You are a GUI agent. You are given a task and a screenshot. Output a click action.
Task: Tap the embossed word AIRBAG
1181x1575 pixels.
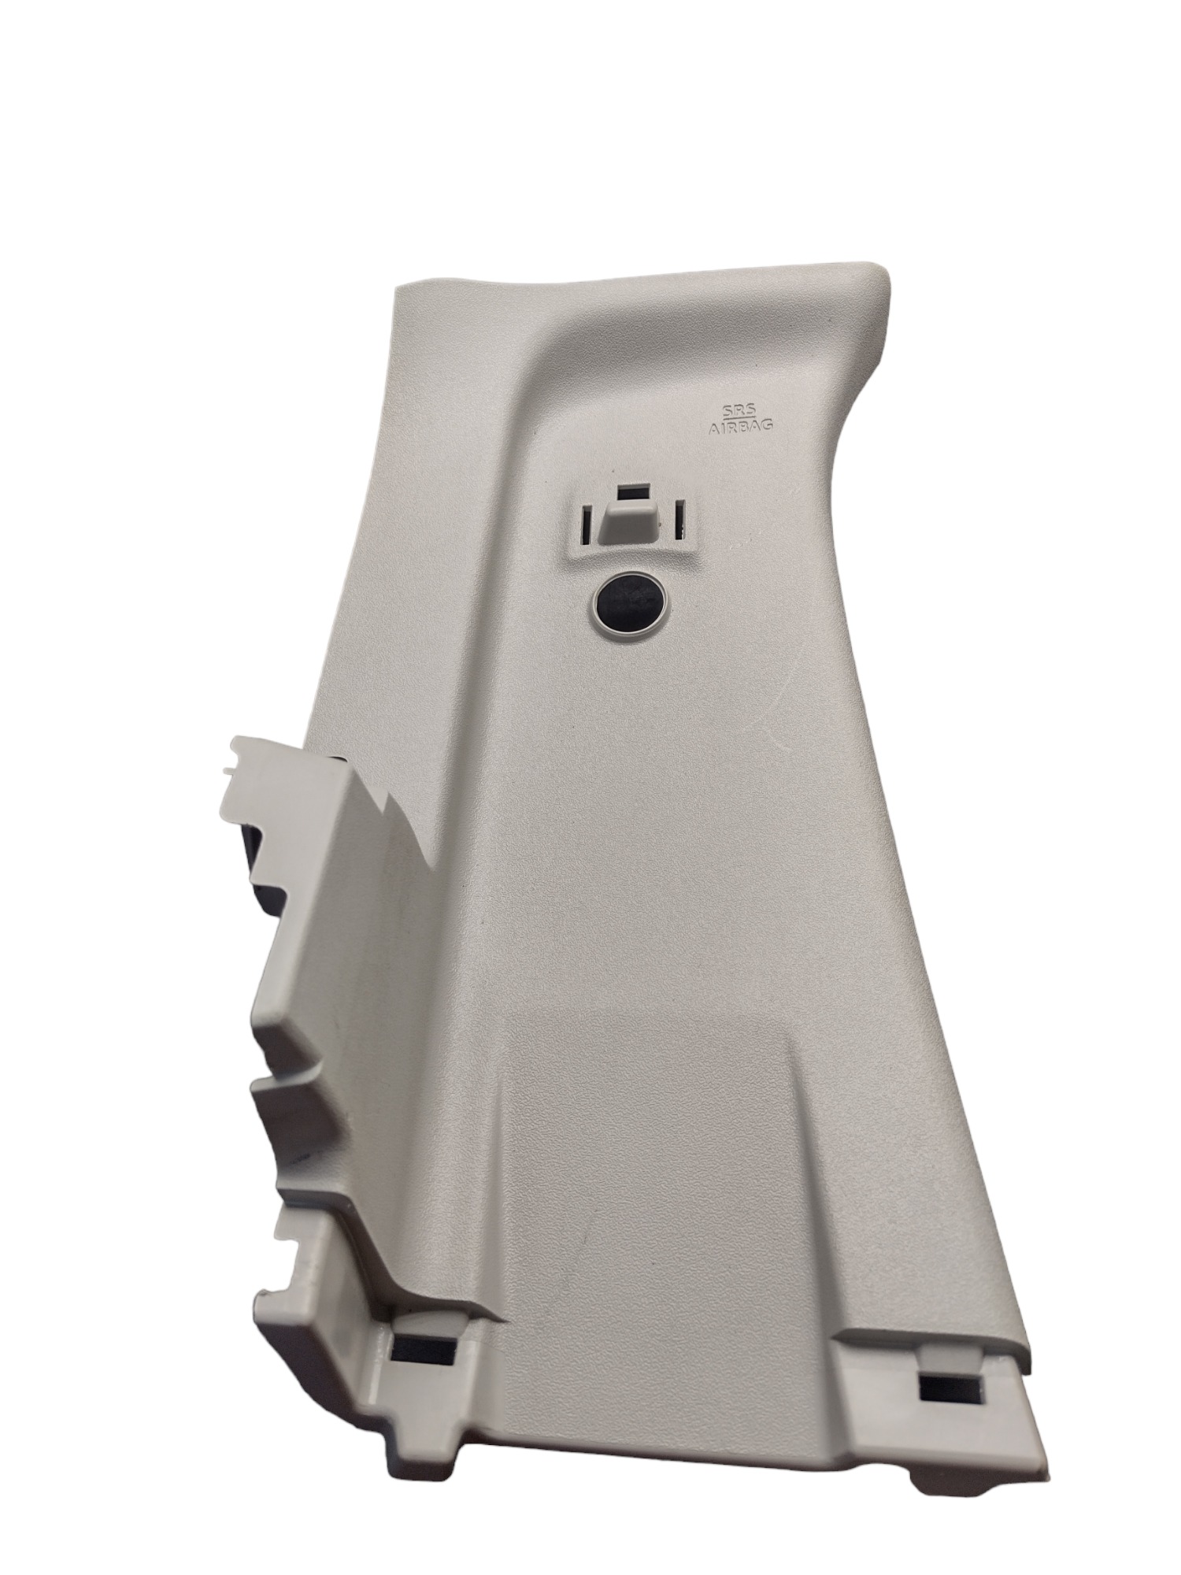[x=741, y=426]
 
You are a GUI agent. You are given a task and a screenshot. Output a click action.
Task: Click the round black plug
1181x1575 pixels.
[x=629, y=602]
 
